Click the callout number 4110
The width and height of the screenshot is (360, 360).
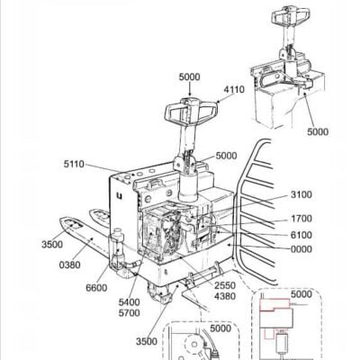(234, 89)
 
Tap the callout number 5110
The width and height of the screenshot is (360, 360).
(74, 164)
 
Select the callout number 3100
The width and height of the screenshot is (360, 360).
(301, 194)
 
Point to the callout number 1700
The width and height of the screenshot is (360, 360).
(301, 219)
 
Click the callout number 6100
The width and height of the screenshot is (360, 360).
(301, 235)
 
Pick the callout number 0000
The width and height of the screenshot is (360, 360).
(301, 249)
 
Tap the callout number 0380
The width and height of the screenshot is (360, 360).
(69, 265)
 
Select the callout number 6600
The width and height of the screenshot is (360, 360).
(96, 288)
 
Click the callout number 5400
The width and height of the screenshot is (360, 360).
(129, 302)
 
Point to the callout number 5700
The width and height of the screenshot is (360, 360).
(129, 313)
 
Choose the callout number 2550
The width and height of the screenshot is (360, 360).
(225, 285)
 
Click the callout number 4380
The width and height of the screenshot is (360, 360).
(225, 296)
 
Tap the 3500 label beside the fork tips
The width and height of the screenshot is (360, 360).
(52, 245)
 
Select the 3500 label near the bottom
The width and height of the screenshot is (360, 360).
(147, 341)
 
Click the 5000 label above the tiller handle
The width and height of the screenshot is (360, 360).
(189, 77)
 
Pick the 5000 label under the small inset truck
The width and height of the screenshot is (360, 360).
(318, 131)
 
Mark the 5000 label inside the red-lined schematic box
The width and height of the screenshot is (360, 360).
(301, 294)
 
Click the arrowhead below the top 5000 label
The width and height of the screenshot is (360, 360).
(190, 94)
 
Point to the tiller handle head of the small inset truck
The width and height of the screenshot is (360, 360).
(291, 15)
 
